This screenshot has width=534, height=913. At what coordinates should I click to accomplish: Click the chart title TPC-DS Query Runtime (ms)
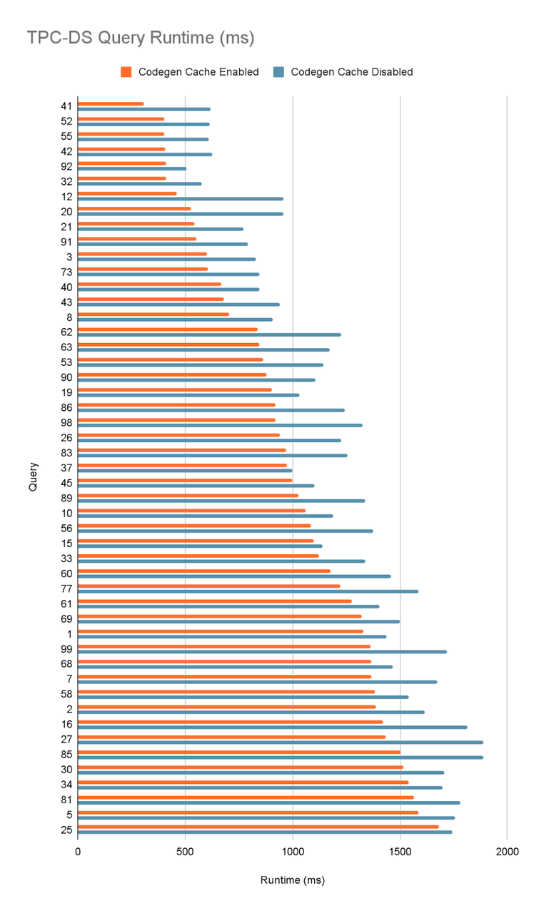click(141, 37)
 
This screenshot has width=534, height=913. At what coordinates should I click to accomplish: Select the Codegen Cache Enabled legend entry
click(190, 71)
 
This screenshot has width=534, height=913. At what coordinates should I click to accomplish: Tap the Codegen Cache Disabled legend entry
click(344, 71)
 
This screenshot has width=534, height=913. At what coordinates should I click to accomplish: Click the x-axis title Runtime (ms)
click(292, 880)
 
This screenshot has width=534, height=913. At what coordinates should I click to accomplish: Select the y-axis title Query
click(34, 476)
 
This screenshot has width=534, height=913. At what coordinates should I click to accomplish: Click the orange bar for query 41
click(111, 104)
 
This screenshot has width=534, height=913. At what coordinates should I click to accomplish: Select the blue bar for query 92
click(132, 169)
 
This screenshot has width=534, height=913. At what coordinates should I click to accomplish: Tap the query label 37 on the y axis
click(66, 467)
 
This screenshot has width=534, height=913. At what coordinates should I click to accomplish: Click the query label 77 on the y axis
click(66, 588)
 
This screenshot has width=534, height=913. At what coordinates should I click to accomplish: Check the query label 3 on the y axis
click(69, 256)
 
